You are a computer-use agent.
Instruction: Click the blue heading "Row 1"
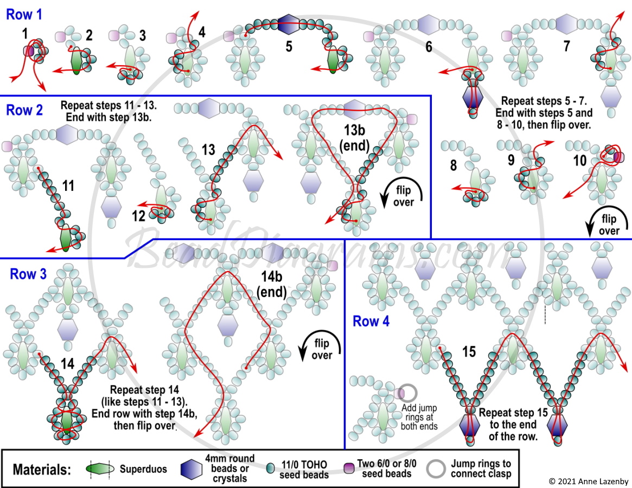(24, 15)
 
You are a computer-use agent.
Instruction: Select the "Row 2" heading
(24, 110)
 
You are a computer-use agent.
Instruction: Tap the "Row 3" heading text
(28, 274)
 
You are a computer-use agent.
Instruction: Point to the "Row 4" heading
(371, 321)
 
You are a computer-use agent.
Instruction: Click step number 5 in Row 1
(289, 46)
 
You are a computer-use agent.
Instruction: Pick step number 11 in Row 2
(68, 186)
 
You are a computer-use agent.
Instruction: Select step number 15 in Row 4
(469, 351)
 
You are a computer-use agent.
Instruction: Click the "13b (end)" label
(354, 137)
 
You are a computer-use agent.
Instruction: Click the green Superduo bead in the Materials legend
(100, 469)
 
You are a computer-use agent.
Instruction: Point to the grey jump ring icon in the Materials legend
(437, 468)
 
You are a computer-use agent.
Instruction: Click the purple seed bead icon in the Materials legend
(349, 468)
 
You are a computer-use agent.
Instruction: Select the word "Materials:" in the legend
(42, 470)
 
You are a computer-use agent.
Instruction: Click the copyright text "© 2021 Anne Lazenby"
(589, 481)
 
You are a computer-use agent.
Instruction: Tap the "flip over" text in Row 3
(322, 349)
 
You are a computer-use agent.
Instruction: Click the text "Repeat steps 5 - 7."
(544, 101)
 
